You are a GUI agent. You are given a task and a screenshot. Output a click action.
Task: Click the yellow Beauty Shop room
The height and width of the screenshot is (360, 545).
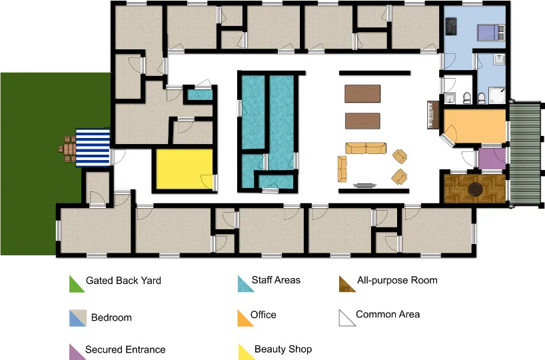[x=184, y=169]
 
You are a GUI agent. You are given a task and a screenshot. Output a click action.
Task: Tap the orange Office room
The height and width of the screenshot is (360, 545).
[x=475, y=126]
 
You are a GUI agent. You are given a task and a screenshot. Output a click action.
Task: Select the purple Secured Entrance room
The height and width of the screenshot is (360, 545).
[x=492, y=159]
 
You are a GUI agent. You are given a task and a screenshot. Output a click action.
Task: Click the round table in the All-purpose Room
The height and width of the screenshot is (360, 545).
[x=475, y=189]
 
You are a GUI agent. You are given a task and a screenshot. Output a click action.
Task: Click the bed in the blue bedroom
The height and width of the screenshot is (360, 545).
[x=491, y=33]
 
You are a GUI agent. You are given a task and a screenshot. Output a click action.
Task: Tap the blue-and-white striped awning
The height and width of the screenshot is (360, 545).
[x=93, y=148]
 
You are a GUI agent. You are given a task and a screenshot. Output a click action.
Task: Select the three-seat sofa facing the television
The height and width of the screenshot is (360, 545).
[x=366, y=148]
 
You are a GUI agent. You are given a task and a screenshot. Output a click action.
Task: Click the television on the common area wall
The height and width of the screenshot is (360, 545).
[x=364, y=185]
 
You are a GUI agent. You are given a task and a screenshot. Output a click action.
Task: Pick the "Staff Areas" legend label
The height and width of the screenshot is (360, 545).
[x=276, y=280]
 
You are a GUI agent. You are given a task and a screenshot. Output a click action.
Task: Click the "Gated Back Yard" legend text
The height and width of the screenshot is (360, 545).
[x=123, y=281]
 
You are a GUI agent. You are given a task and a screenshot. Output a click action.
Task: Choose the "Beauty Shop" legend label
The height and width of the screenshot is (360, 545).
[x=283, y=349]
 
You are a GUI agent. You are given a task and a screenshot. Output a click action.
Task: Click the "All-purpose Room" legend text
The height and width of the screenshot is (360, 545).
[x=397, y=281]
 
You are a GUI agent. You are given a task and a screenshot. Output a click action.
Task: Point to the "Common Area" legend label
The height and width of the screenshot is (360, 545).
[x=388, y=315]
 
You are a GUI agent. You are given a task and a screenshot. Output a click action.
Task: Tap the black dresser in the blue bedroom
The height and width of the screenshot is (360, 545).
[x=451, y=27]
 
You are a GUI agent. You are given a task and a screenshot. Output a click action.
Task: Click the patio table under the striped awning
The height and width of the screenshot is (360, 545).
[x=69, y=149]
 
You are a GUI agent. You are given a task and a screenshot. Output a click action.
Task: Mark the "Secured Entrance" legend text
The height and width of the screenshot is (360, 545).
[x=125, y=349]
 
